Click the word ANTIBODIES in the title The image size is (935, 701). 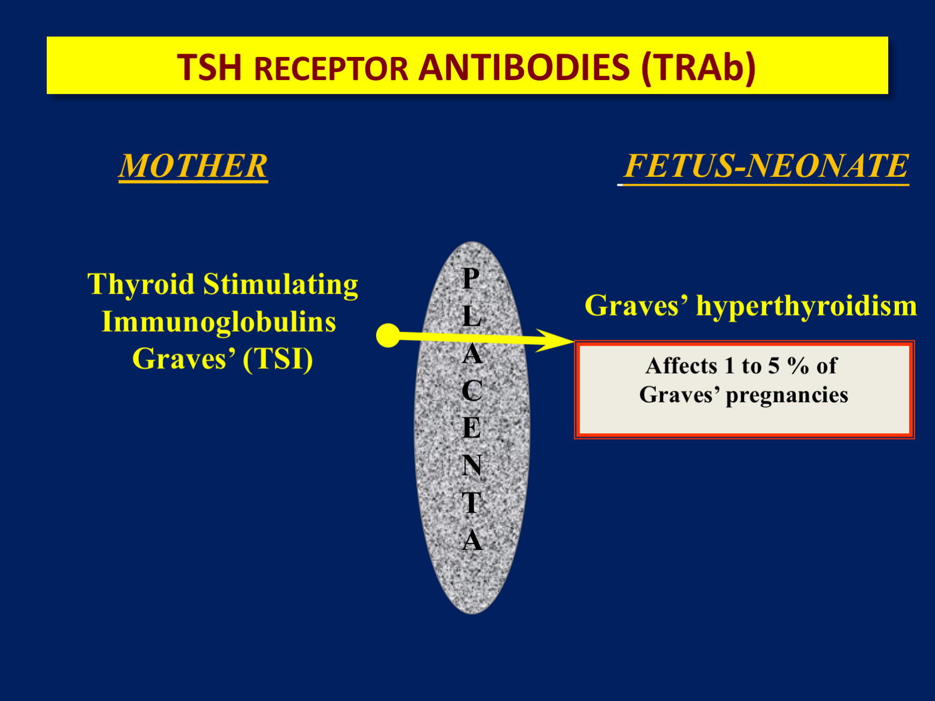[524, 68]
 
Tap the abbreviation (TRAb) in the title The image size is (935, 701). [698, 68]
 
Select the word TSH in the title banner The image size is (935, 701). [209, 68]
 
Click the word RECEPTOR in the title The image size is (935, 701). [331, 69]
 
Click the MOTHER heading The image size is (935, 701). [193, 166]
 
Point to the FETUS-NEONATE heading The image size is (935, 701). [766, 166]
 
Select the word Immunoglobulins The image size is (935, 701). [218, 321]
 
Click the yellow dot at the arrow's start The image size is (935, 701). [388, 335]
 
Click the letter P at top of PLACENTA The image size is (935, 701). [471, 278]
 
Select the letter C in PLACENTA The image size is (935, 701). [472, 390]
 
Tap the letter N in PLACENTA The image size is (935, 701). [472, 465]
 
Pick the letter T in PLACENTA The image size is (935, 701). [472, 503]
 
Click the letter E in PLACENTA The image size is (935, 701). [472, 428]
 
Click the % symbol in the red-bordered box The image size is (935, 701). [798, 366]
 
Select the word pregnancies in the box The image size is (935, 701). [787, 395]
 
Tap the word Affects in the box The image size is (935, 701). [681, 366]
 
